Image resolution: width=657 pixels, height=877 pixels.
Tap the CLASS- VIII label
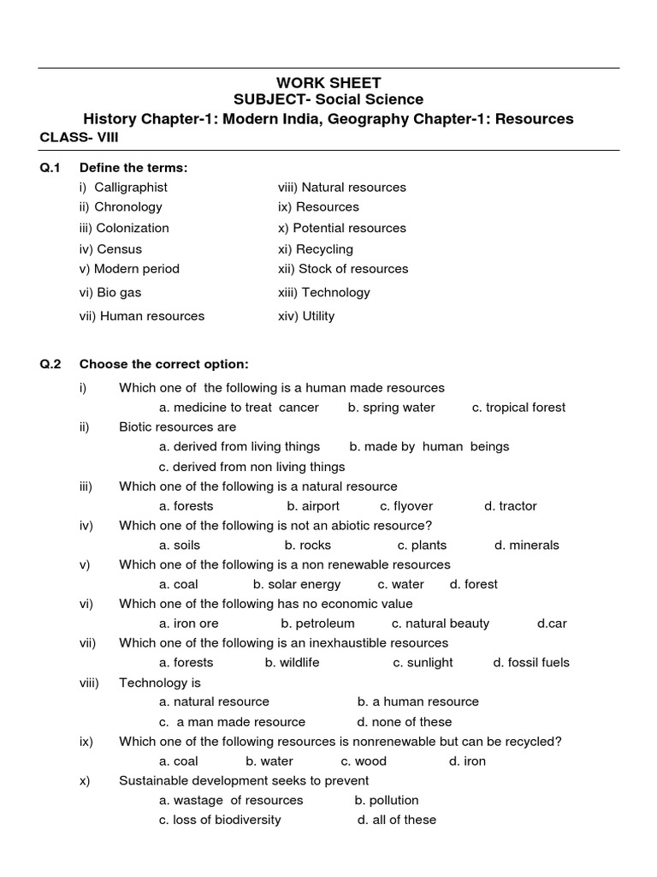[x=79, y=137]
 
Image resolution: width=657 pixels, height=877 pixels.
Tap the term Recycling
[x=316, y=249]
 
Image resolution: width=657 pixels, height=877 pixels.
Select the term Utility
[x=306, y=316]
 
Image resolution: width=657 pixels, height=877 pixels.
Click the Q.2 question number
[x=50, y=363]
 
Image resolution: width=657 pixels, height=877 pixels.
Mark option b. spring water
[x=391, y=408]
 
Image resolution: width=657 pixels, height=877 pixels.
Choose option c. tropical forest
[x=518, y=408]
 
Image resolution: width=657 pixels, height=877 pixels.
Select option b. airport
[x=313, y=506]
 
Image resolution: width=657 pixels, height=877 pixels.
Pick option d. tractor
[x=511, y=506]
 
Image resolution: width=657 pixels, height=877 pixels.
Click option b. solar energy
[x=297, y=584]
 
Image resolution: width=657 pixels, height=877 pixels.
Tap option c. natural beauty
[x=441, y=623]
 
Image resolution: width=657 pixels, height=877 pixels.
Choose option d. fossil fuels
[x=531, y=662]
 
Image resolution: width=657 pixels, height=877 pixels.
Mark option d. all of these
[x=397, y=820]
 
